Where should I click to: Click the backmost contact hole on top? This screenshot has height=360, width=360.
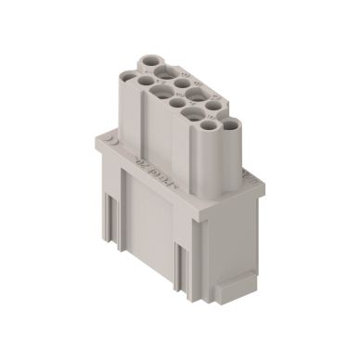(149, 62)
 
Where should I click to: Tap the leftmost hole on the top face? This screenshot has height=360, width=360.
(147, 82)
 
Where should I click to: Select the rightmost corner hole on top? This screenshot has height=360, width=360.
(228, 124)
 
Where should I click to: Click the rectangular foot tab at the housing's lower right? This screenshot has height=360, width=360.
(233, 289)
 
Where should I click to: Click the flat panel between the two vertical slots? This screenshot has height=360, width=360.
(147, 223)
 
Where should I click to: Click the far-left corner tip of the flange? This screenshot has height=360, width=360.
(96, 140)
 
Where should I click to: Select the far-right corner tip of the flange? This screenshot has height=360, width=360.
(264, 182)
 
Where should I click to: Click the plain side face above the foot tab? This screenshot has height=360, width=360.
(228, 237)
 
